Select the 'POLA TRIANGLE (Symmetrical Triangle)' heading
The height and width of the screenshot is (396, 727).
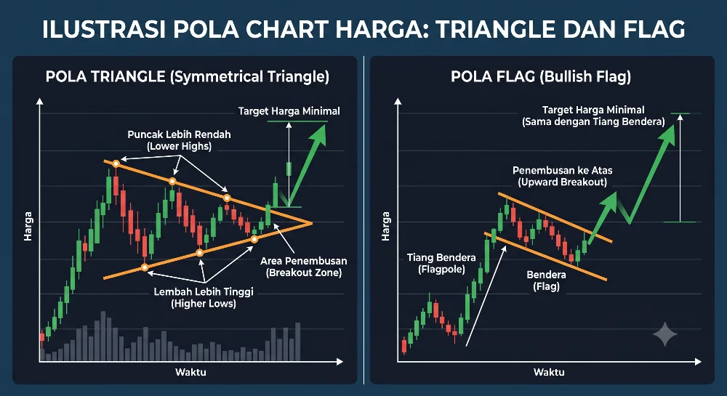point(188,76)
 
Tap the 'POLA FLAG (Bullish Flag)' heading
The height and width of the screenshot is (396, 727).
point(541,76)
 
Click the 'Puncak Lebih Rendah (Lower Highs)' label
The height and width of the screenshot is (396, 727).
point(179,140)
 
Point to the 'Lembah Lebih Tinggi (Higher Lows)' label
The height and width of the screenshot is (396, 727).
point(204,298)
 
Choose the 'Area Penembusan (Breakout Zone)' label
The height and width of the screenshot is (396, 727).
point(304,267)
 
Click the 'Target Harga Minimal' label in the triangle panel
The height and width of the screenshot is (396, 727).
point(289,111)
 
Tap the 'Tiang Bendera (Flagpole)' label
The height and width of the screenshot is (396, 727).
point(441,264)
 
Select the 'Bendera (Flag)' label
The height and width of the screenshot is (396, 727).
point(546,280)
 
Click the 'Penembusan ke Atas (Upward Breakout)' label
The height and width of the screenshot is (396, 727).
point(563,176)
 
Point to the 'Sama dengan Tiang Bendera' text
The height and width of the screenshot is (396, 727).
point(593,122)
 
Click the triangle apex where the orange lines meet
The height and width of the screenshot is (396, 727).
point(311,223)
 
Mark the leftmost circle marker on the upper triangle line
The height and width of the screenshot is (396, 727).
point(116,163)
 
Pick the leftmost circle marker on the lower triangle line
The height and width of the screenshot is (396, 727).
point(145,267)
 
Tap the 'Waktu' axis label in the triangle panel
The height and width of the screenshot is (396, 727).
point(190,372)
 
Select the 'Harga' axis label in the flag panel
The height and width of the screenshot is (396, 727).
point(385,226)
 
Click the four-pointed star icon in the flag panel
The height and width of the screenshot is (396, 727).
point(665,334)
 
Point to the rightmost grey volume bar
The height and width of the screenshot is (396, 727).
point(297,342)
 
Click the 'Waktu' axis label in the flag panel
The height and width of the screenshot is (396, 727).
point(549,372)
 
